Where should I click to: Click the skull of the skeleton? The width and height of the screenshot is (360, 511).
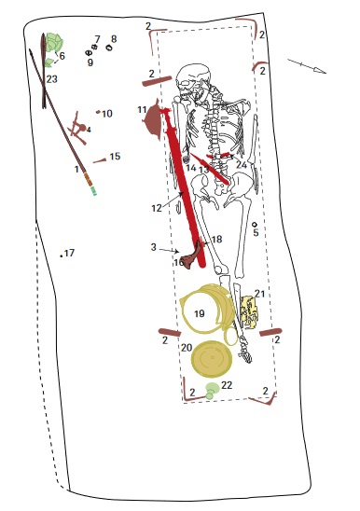192,80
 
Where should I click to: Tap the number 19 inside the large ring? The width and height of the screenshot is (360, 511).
200,313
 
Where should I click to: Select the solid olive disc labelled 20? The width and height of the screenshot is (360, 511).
212,358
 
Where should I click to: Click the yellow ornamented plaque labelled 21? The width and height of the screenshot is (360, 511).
249,312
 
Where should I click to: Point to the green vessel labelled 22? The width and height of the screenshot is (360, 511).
212,389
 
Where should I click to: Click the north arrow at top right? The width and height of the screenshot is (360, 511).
307,66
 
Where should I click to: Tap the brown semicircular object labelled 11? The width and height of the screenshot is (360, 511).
153,120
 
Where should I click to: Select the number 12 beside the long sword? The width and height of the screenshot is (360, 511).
157,208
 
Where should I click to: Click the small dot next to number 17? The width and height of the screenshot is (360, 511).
62,256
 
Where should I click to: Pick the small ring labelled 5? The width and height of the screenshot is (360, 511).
255,224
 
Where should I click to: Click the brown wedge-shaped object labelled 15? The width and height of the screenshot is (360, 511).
100,160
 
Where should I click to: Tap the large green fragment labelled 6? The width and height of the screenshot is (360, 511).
54,42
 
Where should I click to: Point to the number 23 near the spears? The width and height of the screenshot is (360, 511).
52,79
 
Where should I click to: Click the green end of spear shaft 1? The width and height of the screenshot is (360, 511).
94,191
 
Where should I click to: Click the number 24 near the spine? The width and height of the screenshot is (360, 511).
242,164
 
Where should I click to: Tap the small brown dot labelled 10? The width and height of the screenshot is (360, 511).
98,112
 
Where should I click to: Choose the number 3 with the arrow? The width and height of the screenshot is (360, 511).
153,247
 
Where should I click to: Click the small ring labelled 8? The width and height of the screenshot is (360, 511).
109,48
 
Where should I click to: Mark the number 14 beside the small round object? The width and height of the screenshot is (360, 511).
191,168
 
